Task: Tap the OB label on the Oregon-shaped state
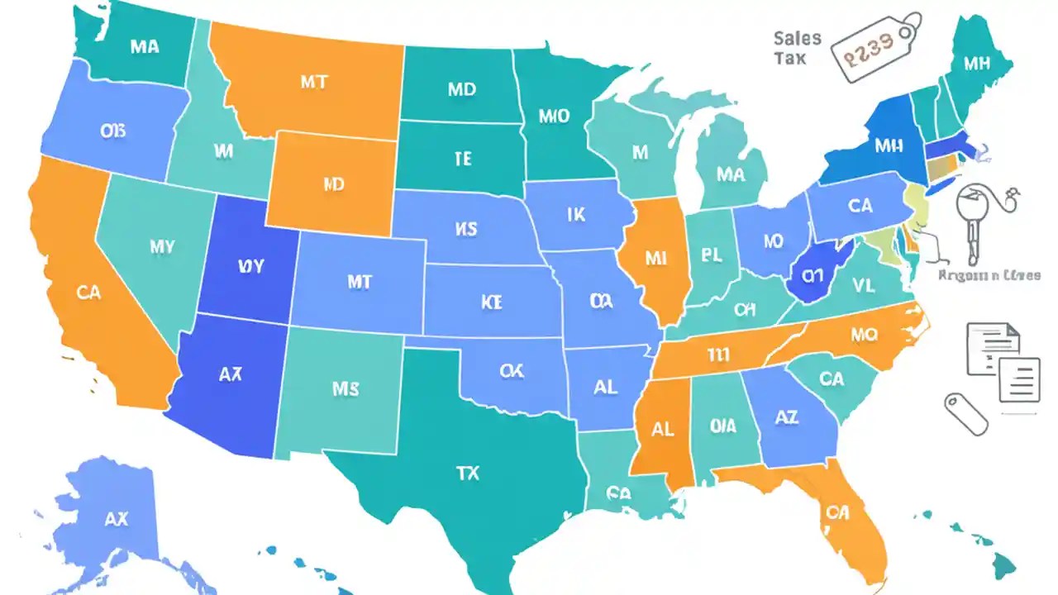click(x=112, y=132)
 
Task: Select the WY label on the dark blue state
click(x=250, y=266)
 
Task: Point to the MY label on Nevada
click(x=162, y=245)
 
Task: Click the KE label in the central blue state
click(x=491, y=302)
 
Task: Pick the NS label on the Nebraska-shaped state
click(x=465, y=229)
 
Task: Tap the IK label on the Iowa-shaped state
click(x=576, y=215)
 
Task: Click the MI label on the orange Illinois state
click(x=655, y=259)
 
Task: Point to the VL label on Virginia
click(x=863, y=286)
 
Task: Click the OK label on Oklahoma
click(x=512, y=372)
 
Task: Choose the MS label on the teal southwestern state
click(x=345, y=388)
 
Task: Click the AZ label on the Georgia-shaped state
click(x=787, y=419)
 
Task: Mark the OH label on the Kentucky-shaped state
click(x=745, y=310)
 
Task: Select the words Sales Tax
click(x=797, y=48)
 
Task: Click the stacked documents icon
click(x=1003, y=362)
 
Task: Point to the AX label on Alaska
click(x=117, y=520)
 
